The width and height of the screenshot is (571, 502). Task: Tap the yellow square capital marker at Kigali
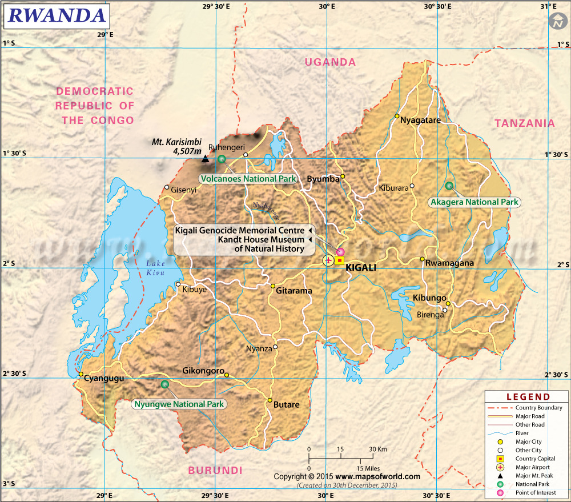[x=340, y=260]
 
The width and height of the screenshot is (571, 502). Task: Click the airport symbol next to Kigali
[x=328, y=260]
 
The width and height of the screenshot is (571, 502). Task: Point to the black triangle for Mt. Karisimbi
[x=205, y=157]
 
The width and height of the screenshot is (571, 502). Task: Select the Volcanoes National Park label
[x=248, y=179]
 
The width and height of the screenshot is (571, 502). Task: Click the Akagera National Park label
[x=475, y=202]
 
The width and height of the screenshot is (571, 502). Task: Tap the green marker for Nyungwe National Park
[x=165, y=384]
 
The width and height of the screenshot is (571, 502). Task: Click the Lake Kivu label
[x=155, y=267]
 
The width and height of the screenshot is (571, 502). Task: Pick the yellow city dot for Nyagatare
[x=397, y=116]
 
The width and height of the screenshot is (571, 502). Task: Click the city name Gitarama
[x=294, y=291]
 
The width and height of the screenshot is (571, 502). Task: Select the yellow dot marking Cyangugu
[x=81, y=374]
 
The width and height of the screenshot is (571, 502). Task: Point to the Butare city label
[x=286, y=404]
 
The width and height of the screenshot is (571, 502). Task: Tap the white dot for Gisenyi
[x=167, y=187]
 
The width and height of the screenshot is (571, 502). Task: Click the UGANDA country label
[x=330, y=62]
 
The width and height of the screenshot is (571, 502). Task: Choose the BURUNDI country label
[x=215, y=470]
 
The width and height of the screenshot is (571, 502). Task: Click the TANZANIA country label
[x=524, y=123]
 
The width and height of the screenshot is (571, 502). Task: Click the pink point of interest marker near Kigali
[x=341, y=251]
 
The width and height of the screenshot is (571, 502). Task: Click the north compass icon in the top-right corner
[x=556, y=22]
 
